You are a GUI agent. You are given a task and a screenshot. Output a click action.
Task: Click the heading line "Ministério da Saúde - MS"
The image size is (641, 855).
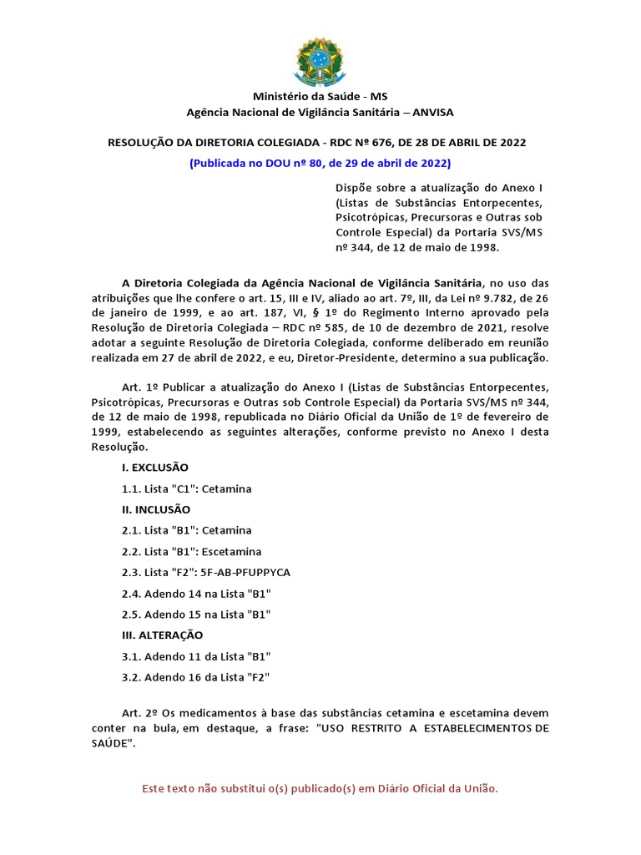click(x=320, y=97)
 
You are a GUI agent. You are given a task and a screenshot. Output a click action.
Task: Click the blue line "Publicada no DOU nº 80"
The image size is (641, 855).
click(x=320, y=162)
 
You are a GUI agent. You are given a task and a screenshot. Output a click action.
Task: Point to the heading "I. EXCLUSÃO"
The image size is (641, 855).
click(x=155, y=467)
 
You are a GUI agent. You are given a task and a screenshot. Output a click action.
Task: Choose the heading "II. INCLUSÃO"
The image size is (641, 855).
click(x=156, y=509)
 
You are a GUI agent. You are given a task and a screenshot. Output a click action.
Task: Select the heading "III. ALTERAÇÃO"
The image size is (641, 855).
click(x=162, y=635)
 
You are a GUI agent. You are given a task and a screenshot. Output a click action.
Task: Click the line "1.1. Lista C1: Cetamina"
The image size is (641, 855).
click(x=186, y=488)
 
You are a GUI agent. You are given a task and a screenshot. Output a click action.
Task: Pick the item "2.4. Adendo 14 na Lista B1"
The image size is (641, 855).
click(x=196, y=593)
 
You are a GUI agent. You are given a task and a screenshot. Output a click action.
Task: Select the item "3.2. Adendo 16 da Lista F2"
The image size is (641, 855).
click(x=196, y=677)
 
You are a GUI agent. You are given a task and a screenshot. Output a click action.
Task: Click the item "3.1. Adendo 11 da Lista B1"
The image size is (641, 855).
click(x=196, y=656)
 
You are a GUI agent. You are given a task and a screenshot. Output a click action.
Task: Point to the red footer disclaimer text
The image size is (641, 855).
click(x=320, y=788)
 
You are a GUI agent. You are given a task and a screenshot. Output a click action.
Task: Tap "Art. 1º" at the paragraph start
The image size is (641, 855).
click(x=139, y=388)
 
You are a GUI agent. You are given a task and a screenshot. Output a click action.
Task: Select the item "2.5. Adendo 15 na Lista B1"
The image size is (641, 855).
click(x=196, y=614)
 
